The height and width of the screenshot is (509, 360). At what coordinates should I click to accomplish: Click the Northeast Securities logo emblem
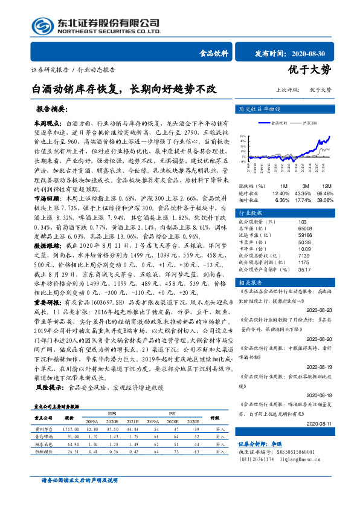tap(41, 25)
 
